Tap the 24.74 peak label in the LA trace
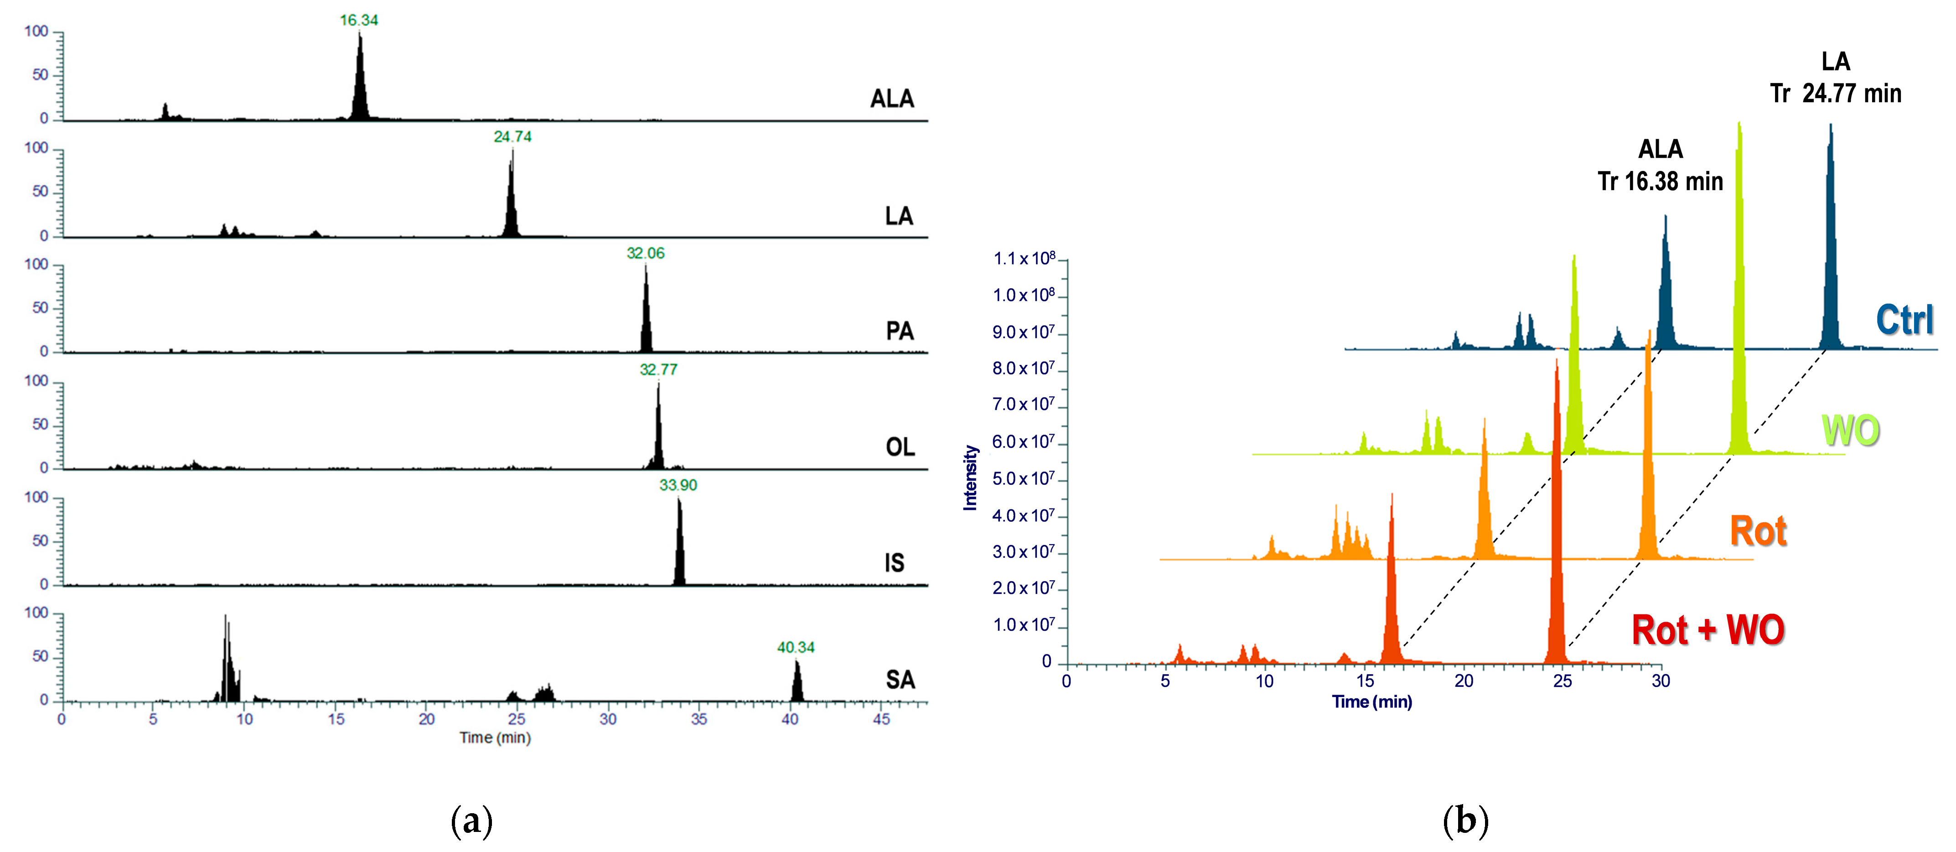(512, 137)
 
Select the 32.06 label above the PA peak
(646, 253)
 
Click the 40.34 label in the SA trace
(795, 647)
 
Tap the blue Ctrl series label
(1904, 320)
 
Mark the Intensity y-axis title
(970, 478)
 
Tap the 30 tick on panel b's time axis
(1661, 681)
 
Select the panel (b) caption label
(1465, 821)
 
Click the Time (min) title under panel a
(494, 738)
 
